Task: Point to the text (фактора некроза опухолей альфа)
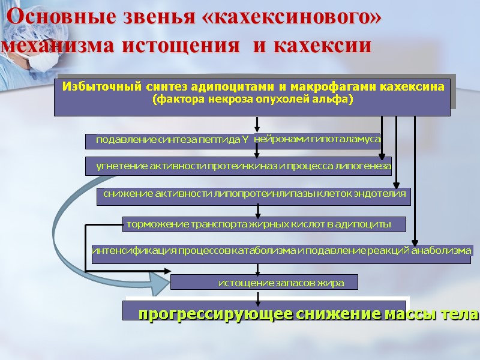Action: click(x=252, y=99)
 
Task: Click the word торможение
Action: click(x=153, y=224)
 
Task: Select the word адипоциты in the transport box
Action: click(x=365, y=224)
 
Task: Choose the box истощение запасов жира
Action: click(x=264, y=283)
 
